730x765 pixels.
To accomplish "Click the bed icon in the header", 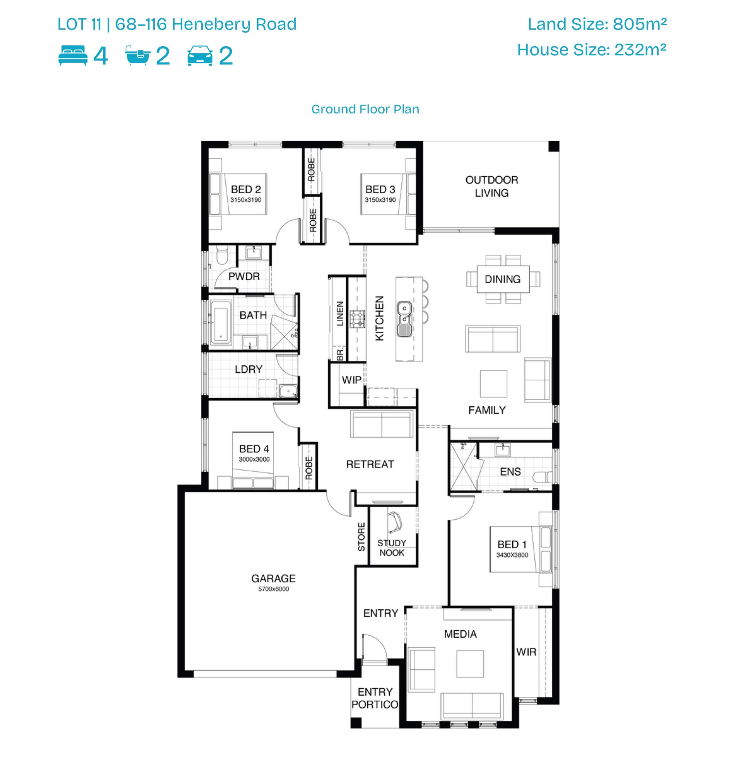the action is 73,55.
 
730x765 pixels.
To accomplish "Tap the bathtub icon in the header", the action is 137,55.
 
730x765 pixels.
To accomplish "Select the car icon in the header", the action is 200,55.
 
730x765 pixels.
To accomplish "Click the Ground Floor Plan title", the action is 365,109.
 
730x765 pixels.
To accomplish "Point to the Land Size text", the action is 597,24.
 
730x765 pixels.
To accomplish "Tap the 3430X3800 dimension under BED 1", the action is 512,555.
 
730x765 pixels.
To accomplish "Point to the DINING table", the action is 503,279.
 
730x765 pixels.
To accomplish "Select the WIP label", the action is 351,380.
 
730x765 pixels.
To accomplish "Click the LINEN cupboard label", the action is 340,313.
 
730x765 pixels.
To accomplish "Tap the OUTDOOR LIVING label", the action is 491,186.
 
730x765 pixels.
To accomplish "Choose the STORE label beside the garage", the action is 362,537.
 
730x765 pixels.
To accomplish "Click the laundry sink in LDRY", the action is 288,391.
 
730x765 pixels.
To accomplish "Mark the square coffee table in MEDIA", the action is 470,664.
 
